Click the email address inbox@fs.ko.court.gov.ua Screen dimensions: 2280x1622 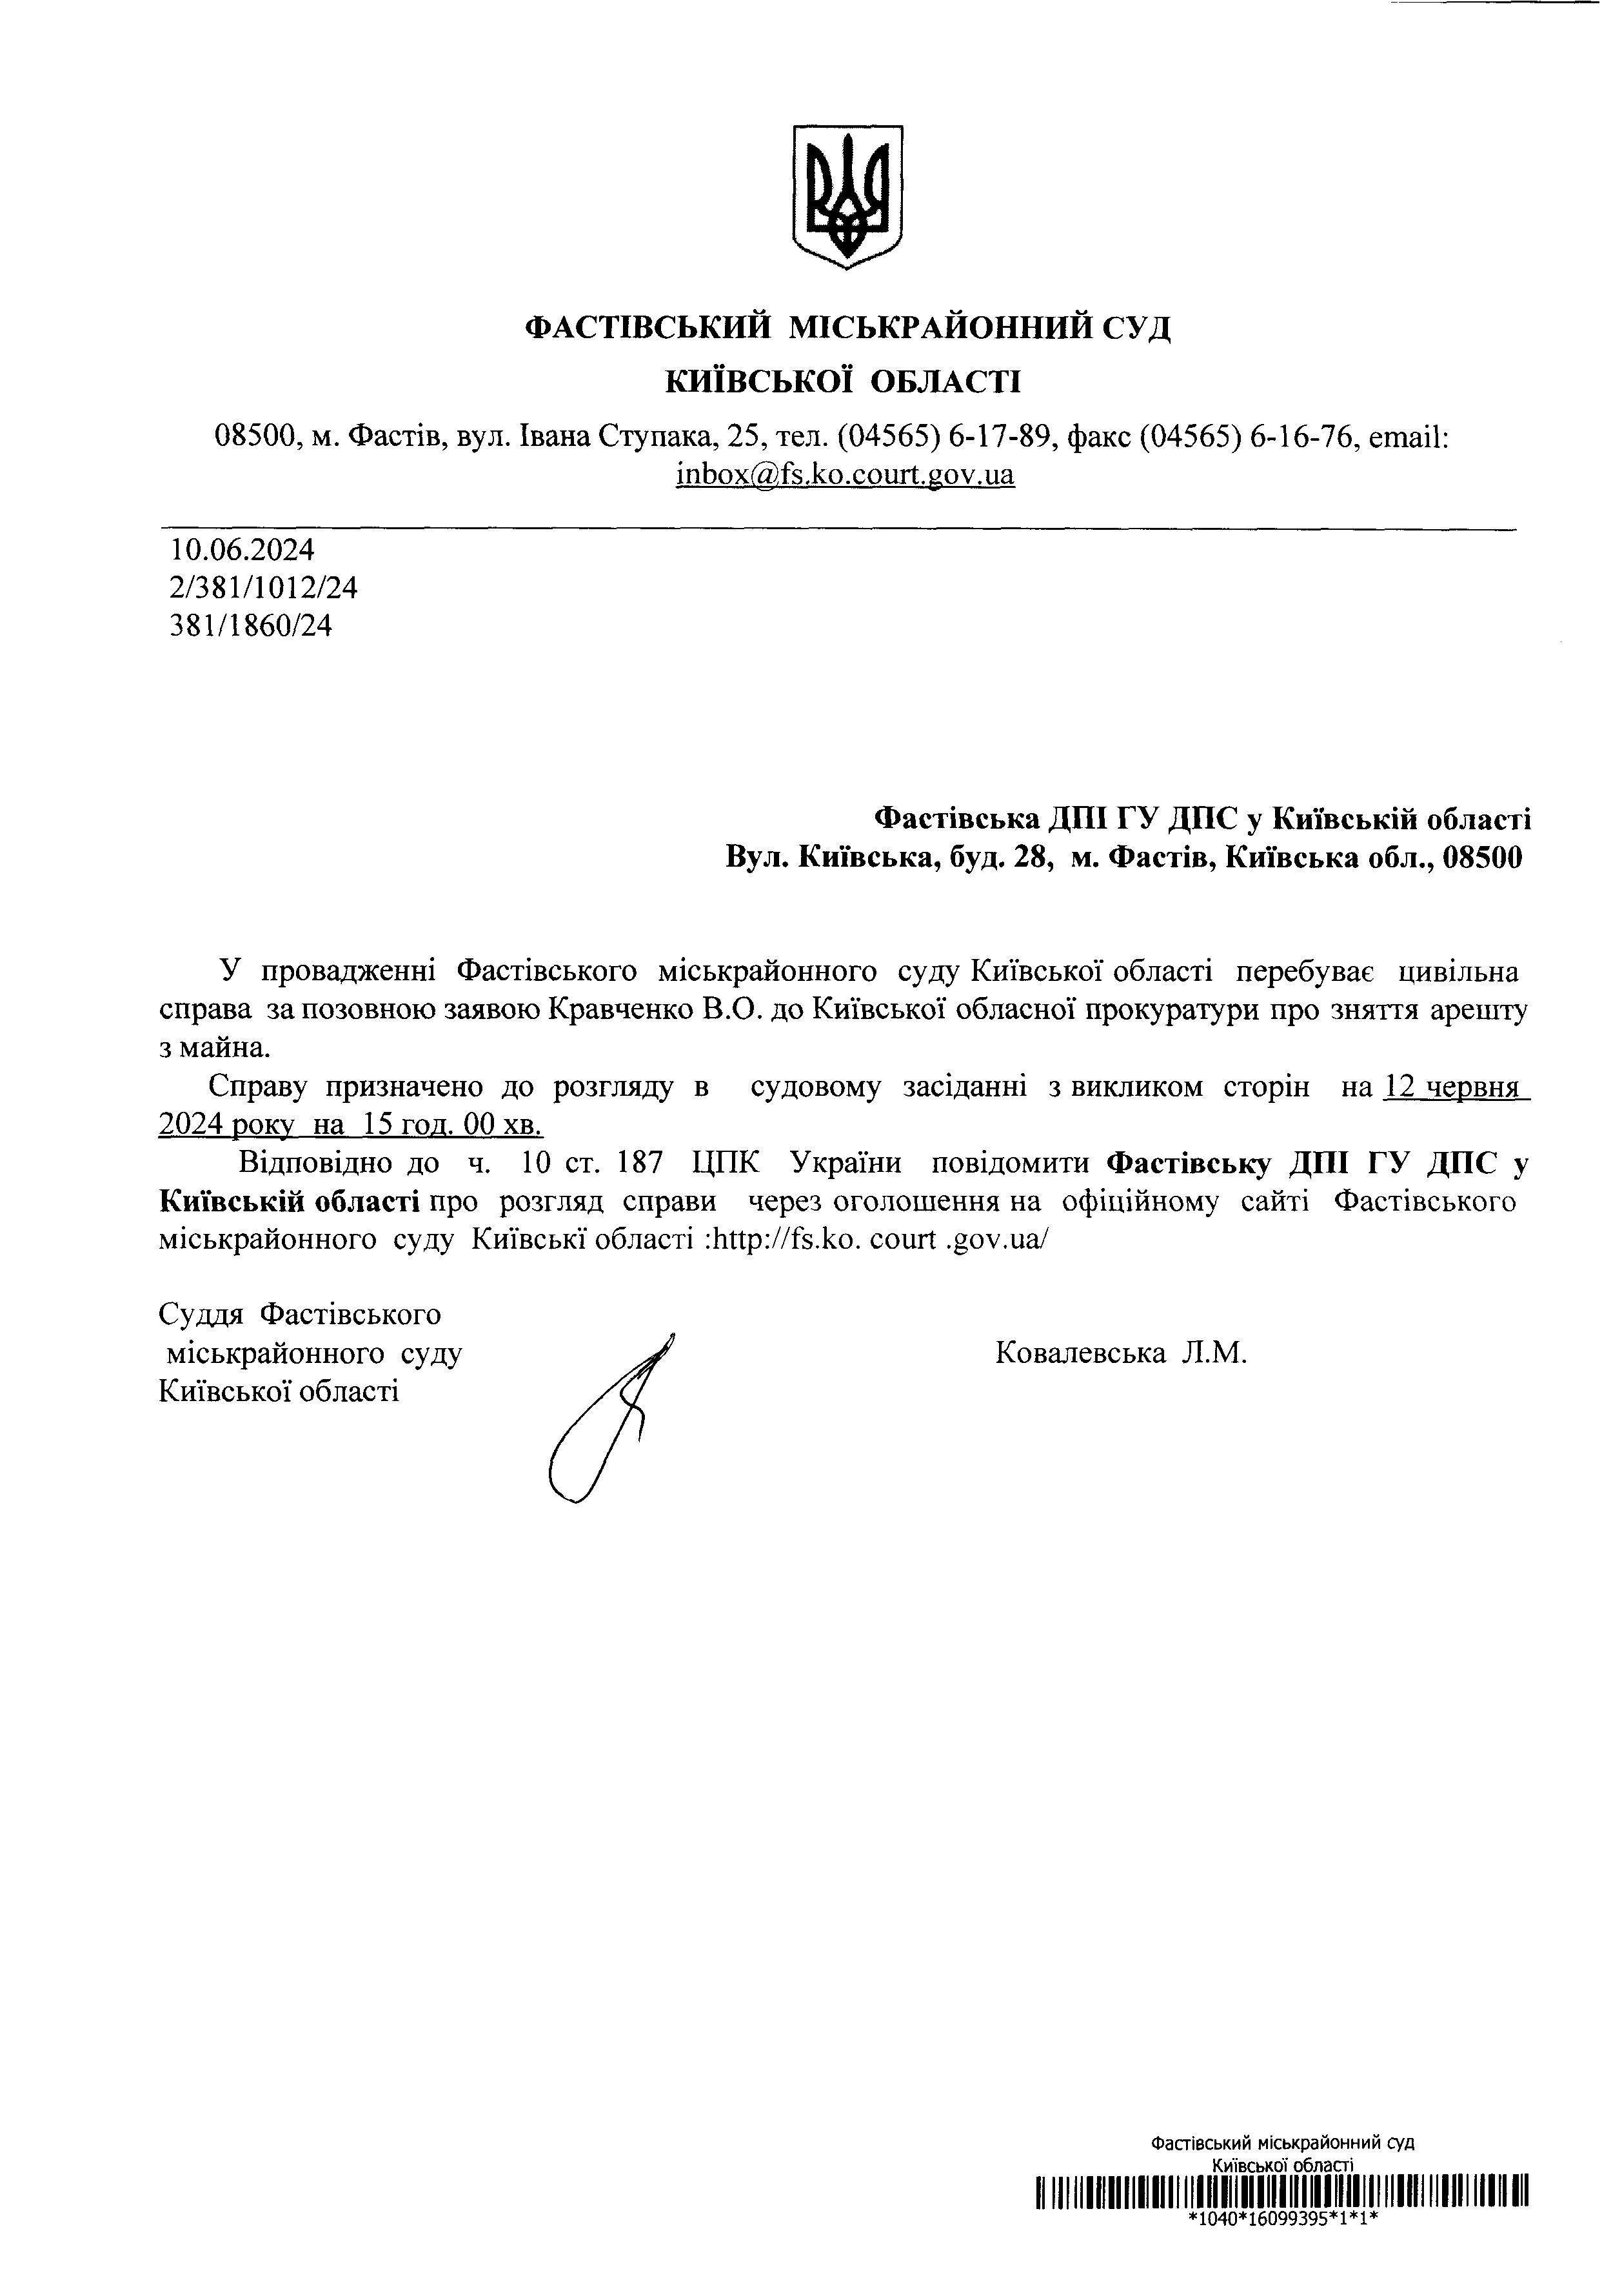[x=845, y=474]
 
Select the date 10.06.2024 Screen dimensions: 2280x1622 [x=242, y=550]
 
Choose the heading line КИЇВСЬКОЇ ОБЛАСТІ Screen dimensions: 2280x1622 [x=844, y=381]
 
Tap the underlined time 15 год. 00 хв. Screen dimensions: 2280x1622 [x=453, y=1126]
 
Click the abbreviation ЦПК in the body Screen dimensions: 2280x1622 [x=724, y=1164]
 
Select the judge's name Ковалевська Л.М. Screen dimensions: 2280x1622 [x=1122, y=1354]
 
